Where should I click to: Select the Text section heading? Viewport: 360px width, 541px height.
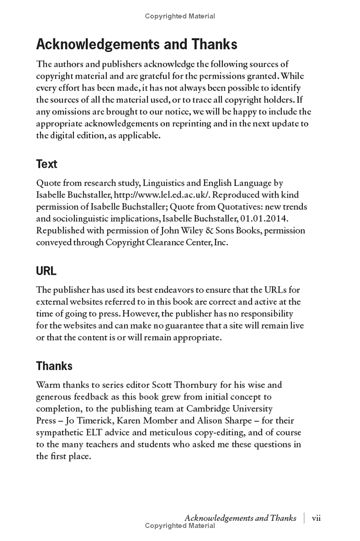point(46,164)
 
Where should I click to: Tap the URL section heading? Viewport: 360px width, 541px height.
point(46,271)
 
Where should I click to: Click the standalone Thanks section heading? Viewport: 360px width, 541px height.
point(54,366)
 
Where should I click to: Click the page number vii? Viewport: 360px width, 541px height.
point(316,518)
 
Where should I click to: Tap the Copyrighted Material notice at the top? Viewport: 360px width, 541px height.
point(180,16)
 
